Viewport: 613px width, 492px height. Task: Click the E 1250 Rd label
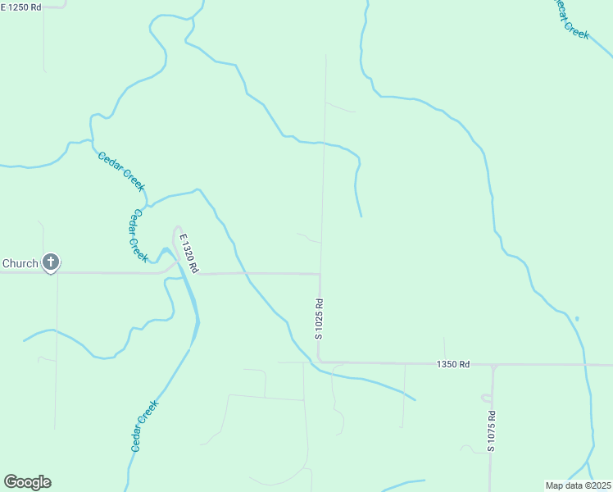[20, 7]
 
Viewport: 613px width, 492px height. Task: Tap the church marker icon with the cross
[51, 263]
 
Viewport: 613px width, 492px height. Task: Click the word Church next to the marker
[20, 263]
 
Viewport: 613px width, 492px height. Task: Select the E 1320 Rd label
[188, 251]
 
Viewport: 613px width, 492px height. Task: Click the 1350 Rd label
[453, 364]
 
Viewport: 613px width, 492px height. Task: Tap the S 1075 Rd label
[491, 431]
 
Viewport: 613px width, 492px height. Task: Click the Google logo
[27, 482]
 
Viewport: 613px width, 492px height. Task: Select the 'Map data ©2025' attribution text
[579, 485]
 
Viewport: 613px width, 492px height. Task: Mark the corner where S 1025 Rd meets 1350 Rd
[319, 361]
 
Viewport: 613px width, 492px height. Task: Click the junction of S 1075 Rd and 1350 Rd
[493, 365]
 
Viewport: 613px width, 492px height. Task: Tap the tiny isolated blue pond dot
[577, 318]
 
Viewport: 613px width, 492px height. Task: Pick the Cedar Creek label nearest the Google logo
[144, 426]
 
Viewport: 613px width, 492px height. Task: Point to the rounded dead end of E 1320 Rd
[176, 230]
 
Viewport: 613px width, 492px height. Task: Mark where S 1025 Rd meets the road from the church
[320, 274]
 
